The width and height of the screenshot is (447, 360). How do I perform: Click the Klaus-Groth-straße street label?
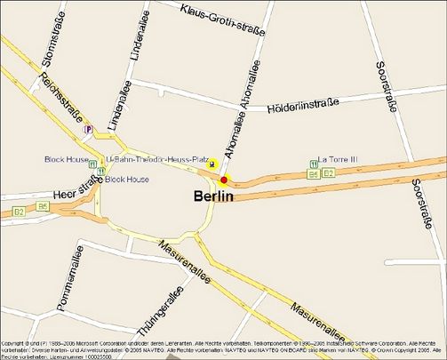[222, 20]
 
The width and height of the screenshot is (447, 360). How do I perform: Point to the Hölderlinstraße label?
[302, 106]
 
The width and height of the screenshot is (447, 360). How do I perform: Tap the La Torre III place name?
[337, 159]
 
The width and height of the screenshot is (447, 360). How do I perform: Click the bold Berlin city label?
[213, 196]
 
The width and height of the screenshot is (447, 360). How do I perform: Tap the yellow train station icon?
[212, 164]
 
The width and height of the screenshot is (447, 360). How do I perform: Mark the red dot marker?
[224, 180]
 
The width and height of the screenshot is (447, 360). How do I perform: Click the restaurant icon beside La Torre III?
[314, 164]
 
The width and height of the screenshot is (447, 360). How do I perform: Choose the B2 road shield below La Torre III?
[328, 172]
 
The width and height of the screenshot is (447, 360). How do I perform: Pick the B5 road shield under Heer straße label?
[42, 206]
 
